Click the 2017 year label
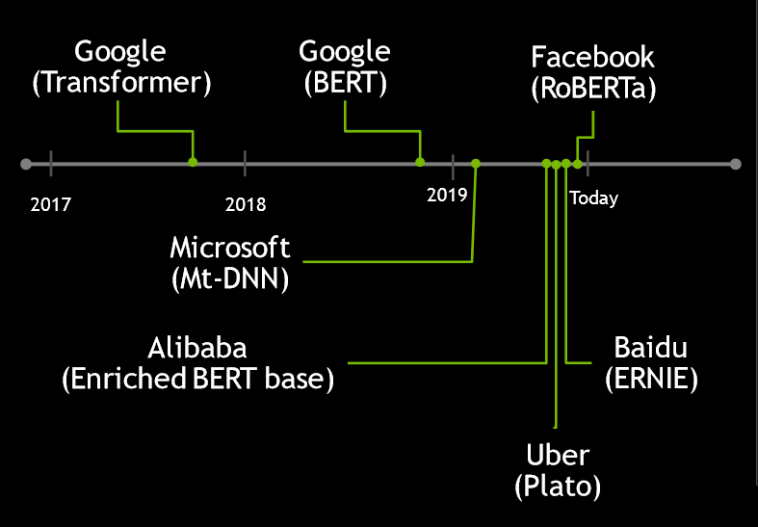[x=51, y=204]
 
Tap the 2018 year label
[x=246, y=204]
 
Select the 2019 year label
[x=447, y=195]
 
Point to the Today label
[x=593, y=198]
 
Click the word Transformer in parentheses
[x=121, y=83]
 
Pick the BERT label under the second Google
[x=345, y=83]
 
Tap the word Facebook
[x=592, y=57]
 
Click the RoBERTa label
[x=593, y=89]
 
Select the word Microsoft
[x=229, y=248]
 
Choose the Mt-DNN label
[x=230, y=279]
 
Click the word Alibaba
[x=197, y=348]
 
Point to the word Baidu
[x=651, y=347]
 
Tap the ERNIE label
[x=651, y=379]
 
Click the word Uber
[x=558, y=455]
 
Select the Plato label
[x=558, y=487]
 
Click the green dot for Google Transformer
[x=193, y=162]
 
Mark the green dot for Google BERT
[x=420, y=162]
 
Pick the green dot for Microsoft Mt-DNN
[x=476, y=164]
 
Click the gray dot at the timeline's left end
[x=26, y=164]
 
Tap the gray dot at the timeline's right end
[x=735, y=164]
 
